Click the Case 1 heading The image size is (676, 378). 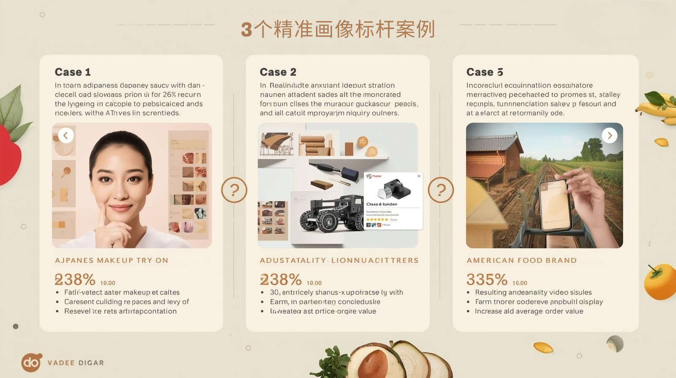tap(73, 72)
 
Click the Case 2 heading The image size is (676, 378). tap(278, 72)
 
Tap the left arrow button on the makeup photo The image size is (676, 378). tap(66, 135)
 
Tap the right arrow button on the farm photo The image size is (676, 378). tap(609, 135)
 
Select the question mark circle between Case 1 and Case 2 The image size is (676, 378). tap(234, 190)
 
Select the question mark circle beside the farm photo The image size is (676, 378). tap(441, 190)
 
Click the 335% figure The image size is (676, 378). tap(487, 279)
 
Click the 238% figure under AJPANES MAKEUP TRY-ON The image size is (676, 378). tap(75, 279)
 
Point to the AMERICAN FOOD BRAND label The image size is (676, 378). tap(521, 260)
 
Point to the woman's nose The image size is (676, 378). tap(122, 192)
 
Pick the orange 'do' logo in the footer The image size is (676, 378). tap(32, 362)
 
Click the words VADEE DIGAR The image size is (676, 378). tap(76, 363)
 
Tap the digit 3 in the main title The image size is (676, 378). tap(247, 30)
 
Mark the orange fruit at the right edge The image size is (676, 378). tap(660, 281)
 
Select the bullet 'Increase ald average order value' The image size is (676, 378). tap(529, 311)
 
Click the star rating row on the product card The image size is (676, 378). tap(377, 219)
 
